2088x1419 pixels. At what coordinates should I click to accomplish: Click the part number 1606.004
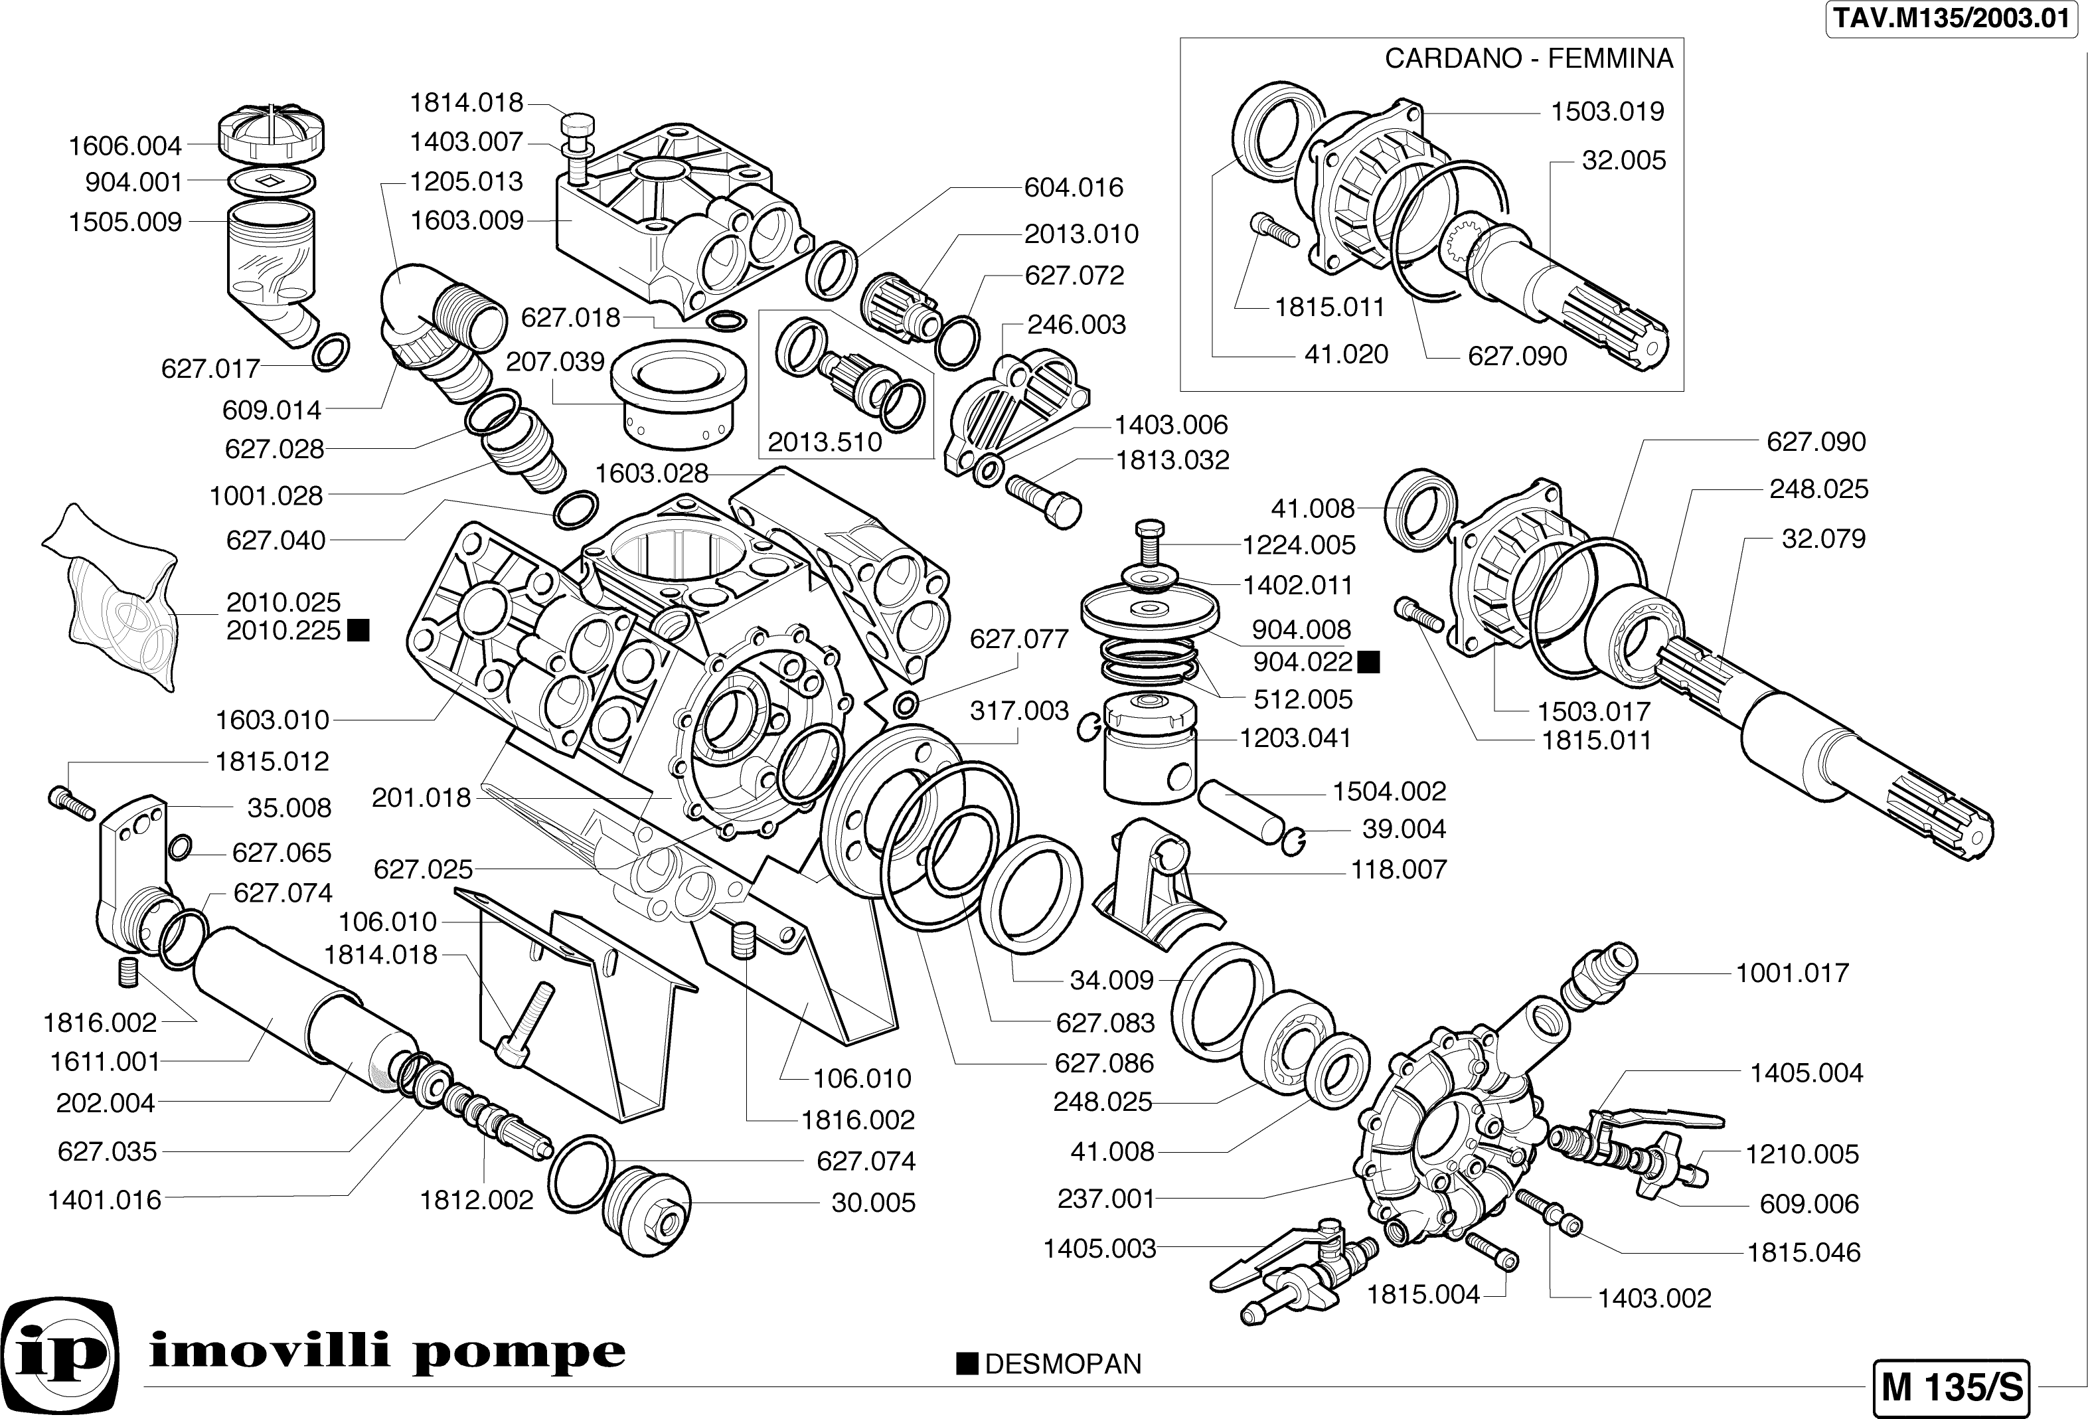pos(125,145)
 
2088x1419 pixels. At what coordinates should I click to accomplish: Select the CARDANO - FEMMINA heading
pos(1528,58)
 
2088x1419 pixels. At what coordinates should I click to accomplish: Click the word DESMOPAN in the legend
pos(1063,1364)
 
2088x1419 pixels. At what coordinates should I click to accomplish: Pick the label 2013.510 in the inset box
pos(824,442)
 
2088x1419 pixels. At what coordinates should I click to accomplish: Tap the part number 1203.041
pos(1295,738)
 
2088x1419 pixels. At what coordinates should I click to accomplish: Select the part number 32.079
pos(1823,539)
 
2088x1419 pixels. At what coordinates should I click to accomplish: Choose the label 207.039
pos(554,361)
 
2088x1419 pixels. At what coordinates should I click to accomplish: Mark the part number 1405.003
pos(1099,1248)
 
